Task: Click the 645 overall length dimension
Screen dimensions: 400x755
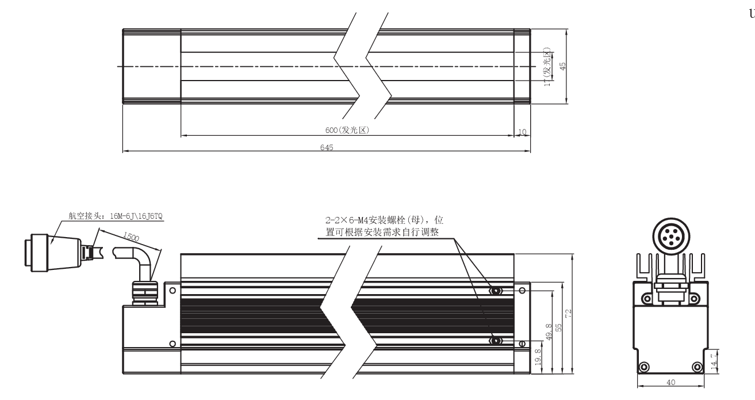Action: (326, 147)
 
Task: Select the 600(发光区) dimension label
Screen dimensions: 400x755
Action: (347, 131)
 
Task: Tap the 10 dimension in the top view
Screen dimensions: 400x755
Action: (522, 132)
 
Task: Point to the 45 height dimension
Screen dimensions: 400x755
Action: (563, 66)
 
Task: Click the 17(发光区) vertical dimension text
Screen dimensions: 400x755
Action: (549, 67)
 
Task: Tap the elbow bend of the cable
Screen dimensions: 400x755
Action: (143, 256)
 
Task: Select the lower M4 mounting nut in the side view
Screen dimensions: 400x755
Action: (496, 341)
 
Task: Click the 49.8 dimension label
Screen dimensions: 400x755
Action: (549, 333)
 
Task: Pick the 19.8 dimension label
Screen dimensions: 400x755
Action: (536, 359)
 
